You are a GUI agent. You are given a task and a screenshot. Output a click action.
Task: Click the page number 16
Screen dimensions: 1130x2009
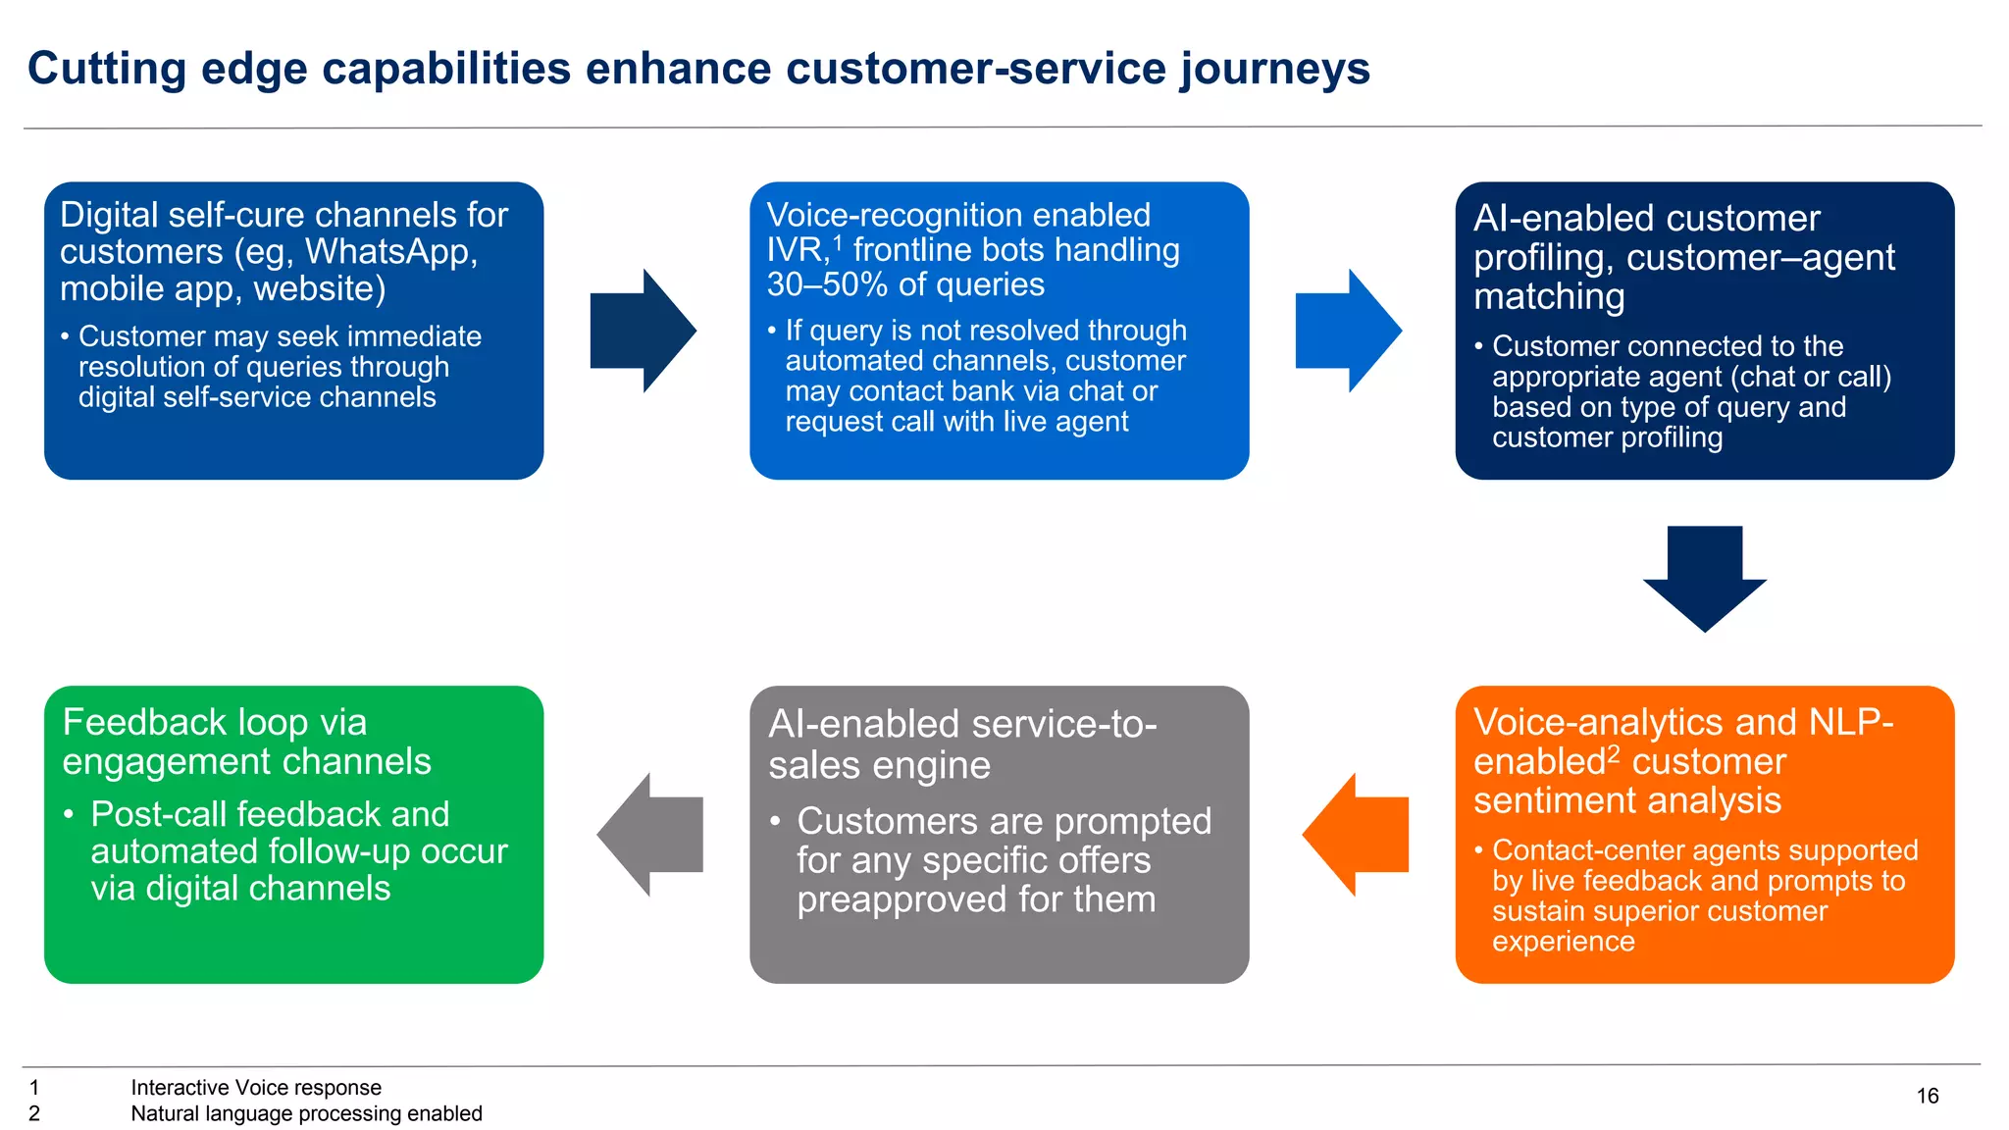pos(1927,1096)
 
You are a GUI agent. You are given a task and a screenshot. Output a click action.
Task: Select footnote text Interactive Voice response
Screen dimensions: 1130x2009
pos(256,1087)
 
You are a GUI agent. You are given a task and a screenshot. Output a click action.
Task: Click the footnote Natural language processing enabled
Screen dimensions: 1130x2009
pos(306,1113)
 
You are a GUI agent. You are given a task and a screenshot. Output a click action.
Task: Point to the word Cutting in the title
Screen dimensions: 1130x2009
pos(106,69)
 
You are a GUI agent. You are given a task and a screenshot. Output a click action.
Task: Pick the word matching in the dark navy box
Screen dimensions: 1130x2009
pos(1548,296)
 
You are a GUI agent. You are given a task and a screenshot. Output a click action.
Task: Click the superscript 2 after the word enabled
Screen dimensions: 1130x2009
pos(1614,753)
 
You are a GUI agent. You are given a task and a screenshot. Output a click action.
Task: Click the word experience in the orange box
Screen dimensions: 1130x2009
pos(1563,942)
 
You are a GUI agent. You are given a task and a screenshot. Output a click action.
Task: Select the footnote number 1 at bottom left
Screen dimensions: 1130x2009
pos(34,1087)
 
